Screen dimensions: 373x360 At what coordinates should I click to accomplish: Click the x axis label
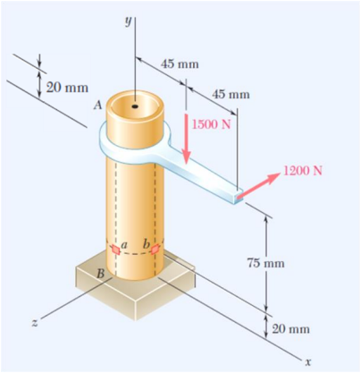[307, 362]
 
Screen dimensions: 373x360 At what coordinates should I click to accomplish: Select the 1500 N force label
[212, 123]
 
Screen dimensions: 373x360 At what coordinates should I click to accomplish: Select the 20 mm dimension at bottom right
[290, 329]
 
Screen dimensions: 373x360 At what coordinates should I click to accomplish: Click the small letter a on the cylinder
[125, 243]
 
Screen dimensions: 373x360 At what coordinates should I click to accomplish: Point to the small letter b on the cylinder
[146, 243]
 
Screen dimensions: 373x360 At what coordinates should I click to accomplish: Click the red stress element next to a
[113, 249]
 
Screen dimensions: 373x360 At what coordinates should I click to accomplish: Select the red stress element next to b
[157, 247]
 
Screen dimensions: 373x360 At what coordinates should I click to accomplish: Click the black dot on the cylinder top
[134, 106]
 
